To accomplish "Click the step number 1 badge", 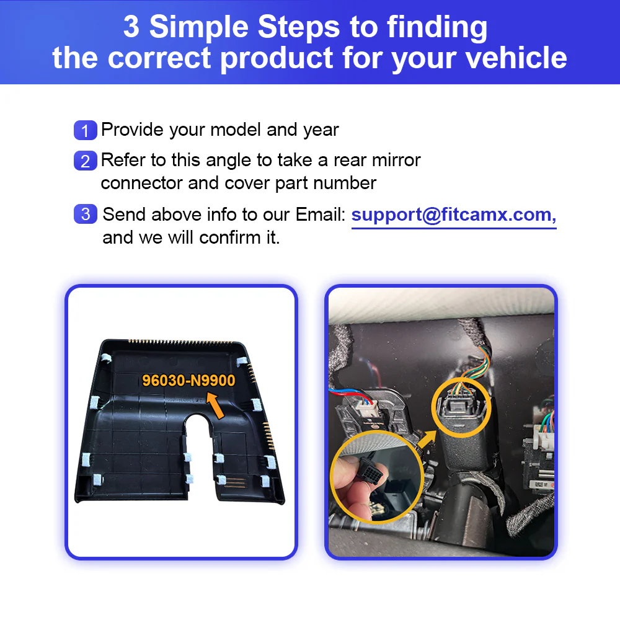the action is tap(85, 130).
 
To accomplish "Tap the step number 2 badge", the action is tap(85, 161).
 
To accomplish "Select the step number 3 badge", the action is tap(85, 214).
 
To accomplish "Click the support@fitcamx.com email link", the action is tap(454, 216).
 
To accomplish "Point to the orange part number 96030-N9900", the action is tap(188, 381).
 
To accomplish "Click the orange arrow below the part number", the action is tap(215, 405).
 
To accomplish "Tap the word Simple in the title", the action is tap(205, 27).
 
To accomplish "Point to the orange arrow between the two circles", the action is tap(427, 440).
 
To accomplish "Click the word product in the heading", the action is tap(277, 58).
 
